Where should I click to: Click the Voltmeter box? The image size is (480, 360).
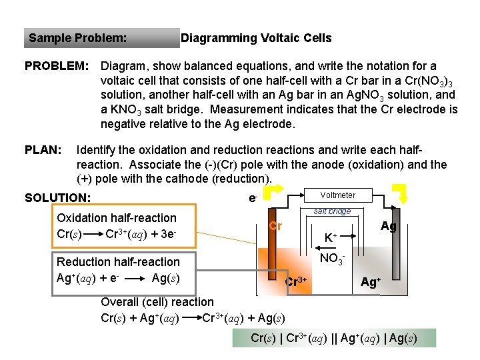[337, 195]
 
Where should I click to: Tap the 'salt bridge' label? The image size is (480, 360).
[332, 211]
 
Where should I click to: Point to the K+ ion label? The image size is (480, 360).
[330, 237]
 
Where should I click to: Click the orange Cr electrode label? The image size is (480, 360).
[275, 226]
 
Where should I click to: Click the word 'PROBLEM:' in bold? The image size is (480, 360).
[56, 67]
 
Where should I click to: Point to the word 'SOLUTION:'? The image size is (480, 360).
[57, 197]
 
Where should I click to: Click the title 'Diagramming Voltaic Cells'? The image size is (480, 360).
[256, 38]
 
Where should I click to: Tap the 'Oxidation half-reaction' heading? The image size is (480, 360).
[117, 218]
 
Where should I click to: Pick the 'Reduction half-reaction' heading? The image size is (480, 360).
[118, 262]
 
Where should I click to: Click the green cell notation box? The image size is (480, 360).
[334, 338]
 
